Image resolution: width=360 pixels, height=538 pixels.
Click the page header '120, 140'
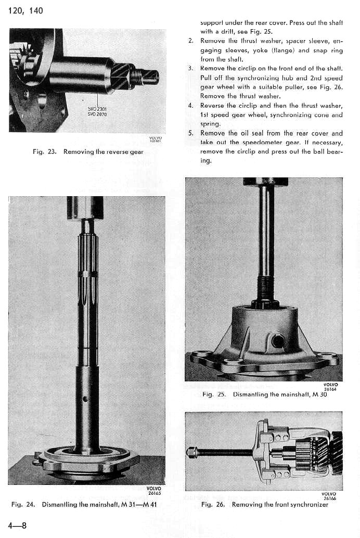click(25, 10)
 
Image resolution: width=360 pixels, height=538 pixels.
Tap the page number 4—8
click(17, 525)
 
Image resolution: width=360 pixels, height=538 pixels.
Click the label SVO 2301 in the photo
click(97, 108)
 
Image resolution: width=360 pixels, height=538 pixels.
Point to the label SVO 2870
click(97, 114)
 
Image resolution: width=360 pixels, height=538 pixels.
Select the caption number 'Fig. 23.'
click(44, 152)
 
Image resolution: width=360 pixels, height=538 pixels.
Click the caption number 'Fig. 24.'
click(23, 504)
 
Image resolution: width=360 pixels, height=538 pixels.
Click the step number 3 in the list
click(191, 68)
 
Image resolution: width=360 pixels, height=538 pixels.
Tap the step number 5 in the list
click(191, 133)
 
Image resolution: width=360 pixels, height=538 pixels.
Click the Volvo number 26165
click(154, 493)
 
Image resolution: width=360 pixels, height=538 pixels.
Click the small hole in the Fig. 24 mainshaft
click(85, 400)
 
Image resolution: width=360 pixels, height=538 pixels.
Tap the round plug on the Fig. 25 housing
click(277, 341)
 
